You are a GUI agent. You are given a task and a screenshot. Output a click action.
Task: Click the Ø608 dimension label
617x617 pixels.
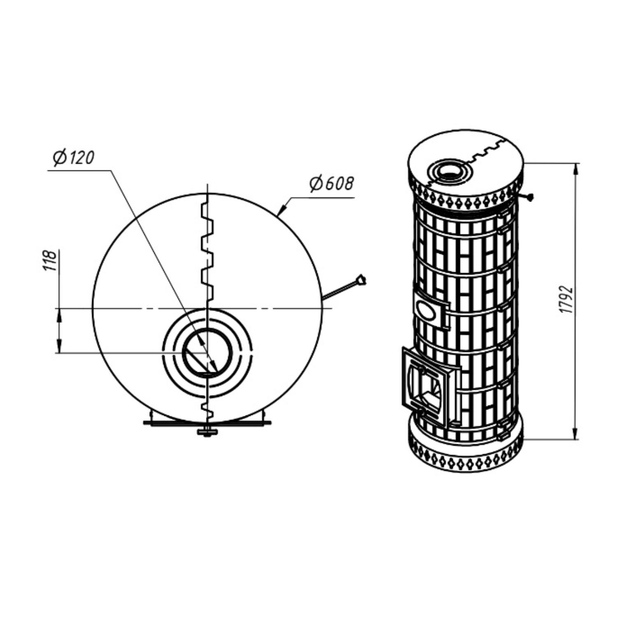click(332, 184)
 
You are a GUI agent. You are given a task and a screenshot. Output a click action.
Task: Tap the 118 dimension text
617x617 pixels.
click(51, 260)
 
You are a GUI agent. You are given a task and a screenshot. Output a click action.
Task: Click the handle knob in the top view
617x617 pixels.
click(361, 279)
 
